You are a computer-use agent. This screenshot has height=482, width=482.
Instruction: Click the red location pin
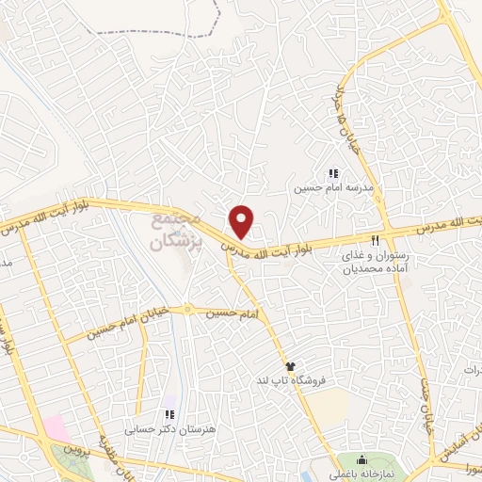(242, 220)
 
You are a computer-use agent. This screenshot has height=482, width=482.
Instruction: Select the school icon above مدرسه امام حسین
(332, 172)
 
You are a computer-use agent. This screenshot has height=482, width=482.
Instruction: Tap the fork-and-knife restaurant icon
(377, 240)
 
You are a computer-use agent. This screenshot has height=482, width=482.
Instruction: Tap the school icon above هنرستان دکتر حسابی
(169, 413)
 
